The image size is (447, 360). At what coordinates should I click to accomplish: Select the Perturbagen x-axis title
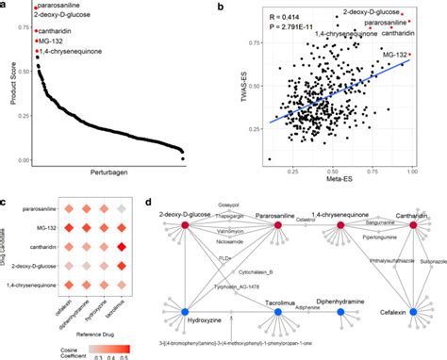click(x=115, y=173)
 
